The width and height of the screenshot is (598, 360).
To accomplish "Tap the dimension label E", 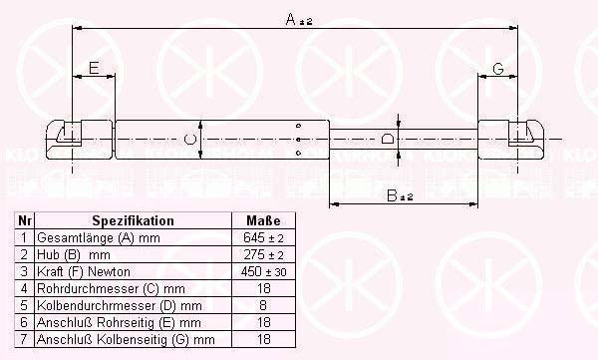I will point(94,68).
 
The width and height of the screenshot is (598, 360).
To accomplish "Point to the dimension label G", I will point(497,68).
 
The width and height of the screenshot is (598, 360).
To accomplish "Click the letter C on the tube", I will point(190,139).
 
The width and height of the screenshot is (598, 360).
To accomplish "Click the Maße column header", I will point(263,221).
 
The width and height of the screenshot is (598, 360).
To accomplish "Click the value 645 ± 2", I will point(263,238).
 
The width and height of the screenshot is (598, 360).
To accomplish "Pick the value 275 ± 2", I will point(263,255).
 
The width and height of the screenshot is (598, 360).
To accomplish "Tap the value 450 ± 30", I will point(263,272).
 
